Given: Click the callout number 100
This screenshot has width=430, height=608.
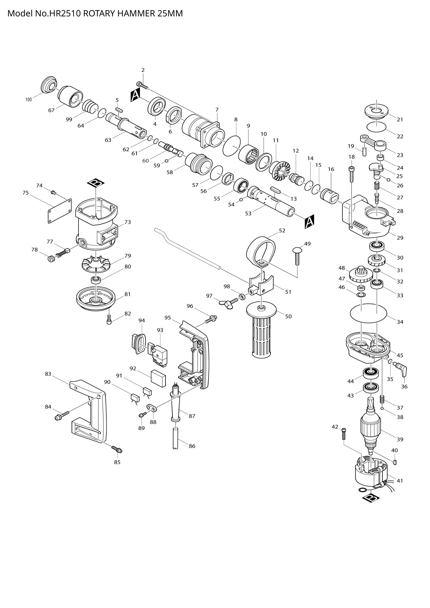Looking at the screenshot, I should point(29,100).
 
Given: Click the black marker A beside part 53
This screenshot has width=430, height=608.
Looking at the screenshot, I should point(309,221).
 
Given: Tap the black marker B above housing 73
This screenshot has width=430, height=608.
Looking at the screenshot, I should point(96,182).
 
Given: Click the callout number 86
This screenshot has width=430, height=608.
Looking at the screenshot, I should point(192,446).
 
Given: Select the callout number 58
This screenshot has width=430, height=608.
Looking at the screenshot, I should point(170,172).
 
